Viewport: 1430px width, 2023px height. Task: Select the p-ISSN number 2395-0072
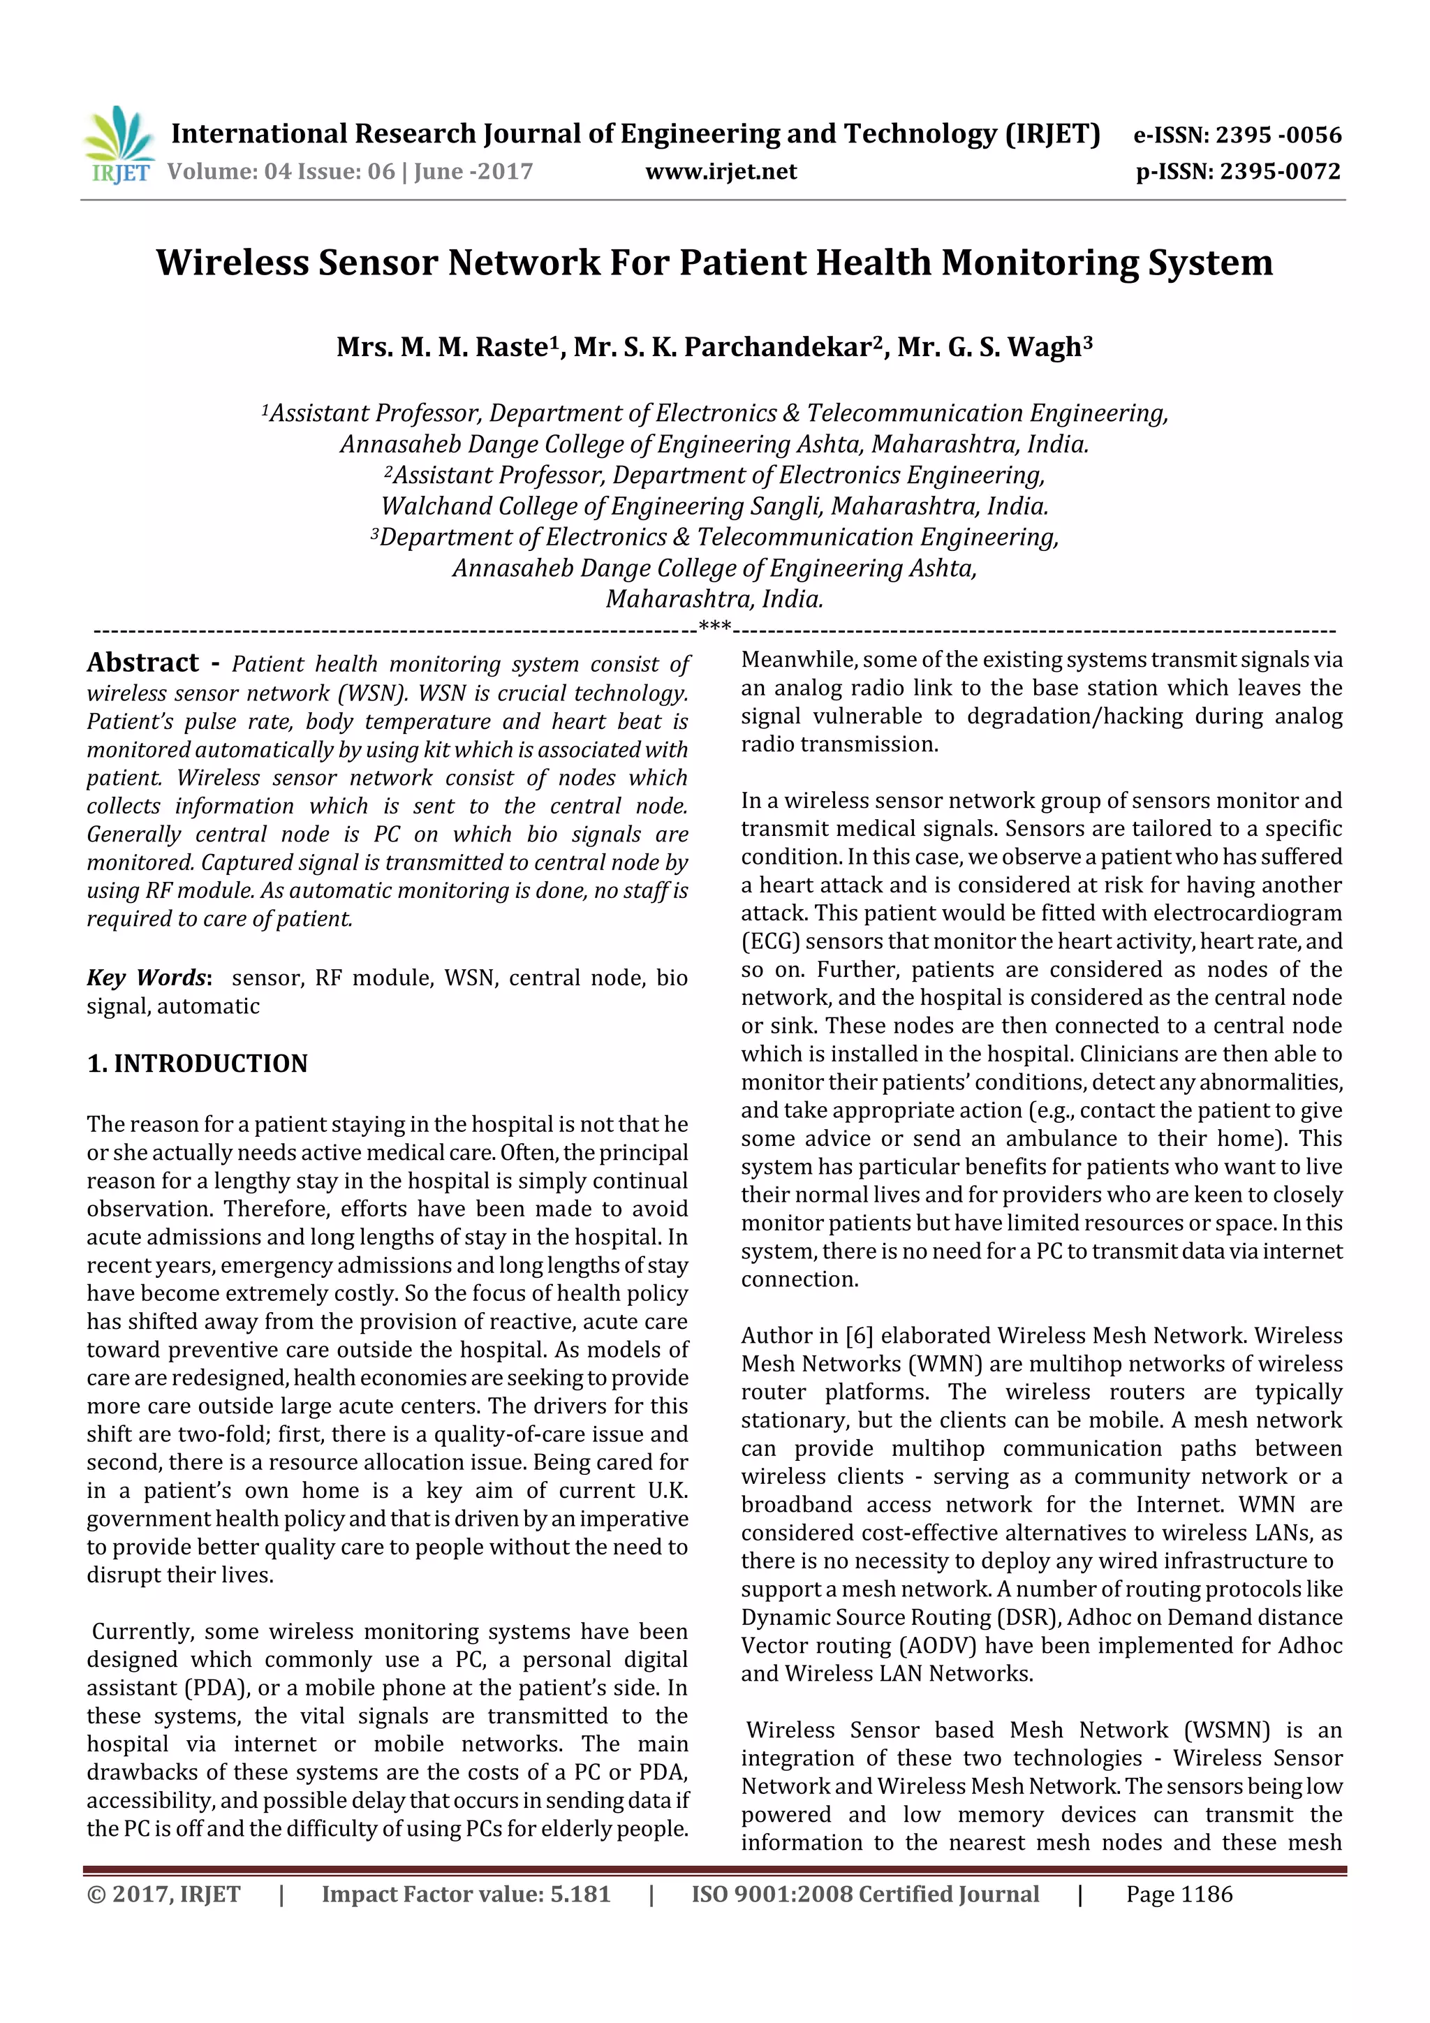[x=1279, y=172]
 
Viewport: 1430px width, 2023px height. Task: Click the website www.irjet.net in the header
[x=721, y=172]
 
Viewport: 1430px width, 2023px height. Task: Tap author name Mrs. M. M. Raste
[x=448, y=347]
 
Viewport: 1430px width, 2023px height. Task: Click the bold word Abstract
[x=142, y=663]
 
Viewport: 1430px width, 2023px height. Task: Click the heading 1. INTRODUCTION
[x=198, y=1064]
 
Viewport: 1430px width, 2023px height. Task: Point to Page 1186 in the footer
[x=1179, y=1894]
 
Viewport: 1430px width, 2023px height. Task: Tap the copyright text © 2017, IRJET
[x=164, y=1894]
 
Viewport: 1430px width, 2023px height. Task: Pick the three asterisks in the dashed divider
[x=714, y=627]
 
